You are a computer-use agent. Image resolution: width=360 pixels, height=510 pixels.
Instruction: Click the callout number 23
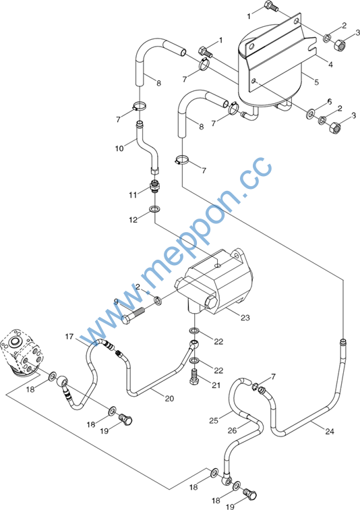(245, 318)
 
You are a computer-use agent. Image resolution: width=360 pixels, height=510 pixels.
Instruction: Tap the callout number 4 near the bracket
(330, 64)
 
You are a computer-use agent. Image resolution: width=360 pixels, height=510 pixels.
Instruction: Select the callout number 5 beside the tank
(316, 82)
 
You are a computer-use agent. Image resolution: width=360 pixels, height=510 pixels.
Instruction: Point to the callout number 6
(330, 102)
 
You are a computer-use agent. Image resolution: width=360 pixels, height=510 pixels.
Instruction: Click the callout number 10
(119, 148)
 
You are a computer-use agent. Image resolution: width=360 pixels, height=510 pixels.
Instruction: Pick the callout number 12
(133, 220)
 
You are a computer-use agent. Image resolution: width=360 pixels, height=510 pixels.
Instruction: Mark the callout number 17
(69, 337)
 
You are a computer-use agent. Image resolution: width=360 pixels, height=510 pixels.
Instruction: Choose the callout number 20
(169, 398)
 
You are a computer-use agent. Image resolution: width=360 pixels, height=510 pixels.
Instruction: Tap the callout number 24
(330, 431)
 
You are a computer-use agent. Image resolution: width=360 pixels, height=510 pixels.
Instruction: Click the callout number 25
(214, 420)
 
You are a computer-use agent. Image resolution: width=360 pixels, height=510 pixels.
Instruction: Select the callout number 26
(232, 430)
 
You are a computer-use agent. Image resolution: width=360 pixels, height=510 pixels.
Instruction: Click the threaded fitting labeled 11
(154, 187)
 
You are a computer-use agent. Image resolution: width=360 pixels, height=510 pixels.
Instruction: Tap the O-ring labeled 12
(154, 209)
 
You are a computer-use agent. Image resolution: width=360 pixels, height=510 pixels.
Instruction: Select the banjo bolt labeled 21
(194, 377)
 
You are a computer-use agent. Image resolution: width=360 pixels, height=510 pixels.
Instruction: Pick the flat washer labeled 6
(310, 114)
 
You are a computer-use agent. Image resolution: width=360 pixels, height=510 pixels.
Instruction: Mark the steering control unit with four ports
(22, 352)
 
